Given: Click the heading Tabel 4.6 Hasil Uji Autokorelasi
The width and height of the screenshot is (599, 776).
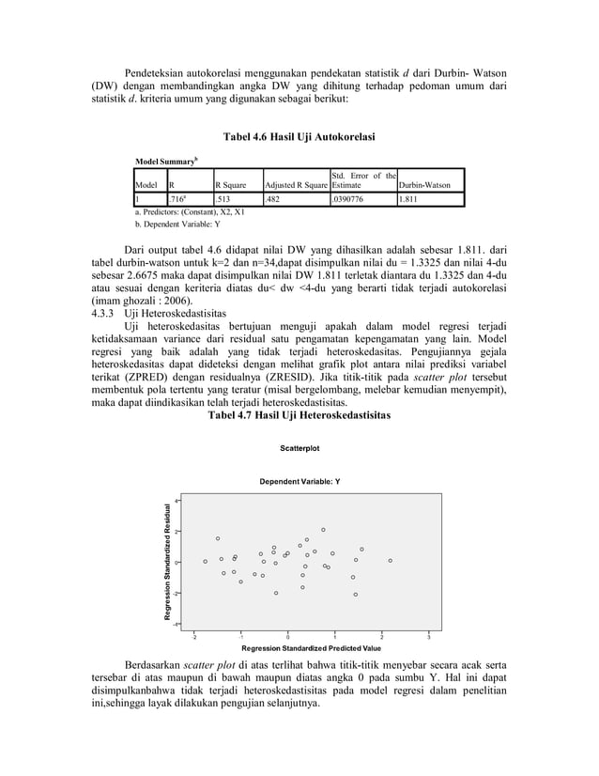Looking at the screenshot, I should (299, 138).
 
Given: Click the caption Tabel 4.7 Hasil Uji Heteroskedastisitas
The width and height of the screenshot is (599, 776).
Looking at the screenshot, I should (299, 414).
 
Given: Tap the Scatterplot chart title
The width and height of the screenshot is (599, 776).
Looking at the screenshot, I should (299, 448).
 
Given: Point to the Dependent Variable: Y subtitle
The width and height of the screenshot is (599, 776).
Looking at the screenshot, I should (299, 481).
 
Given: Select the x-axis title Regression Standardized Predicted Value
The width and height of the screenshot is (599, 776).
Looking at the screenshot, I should (311, 648).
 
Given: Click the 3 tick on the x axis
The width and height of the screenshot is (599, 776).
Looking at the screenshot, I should (428, 636).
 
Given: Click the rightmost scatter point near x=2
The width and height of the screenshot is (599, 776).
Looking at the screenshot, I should (390, 561).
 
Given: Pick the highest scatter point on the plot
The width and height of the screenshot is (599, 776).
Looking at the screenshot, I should (323, 530).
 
